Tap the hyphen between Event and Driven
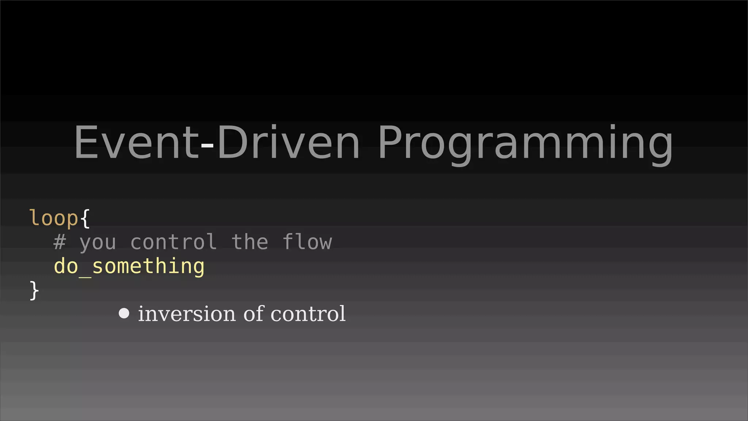click(x=207, y=145)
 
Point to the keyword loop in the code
click(x=54, y=218)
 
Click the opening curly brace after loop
click(x=85, y=218)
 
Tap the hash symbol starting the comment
click(x=60, y=242)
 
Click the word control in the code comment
click(x=173, y=242)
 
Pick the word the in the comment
click(x=250, y=242)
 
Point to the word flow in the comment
click(x=307, y=242)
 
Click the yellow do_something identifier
click(x=129, y=266)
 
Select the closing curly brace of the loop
click(x=34, y=291)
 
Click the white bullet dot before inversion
click(x=124, y=314)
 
